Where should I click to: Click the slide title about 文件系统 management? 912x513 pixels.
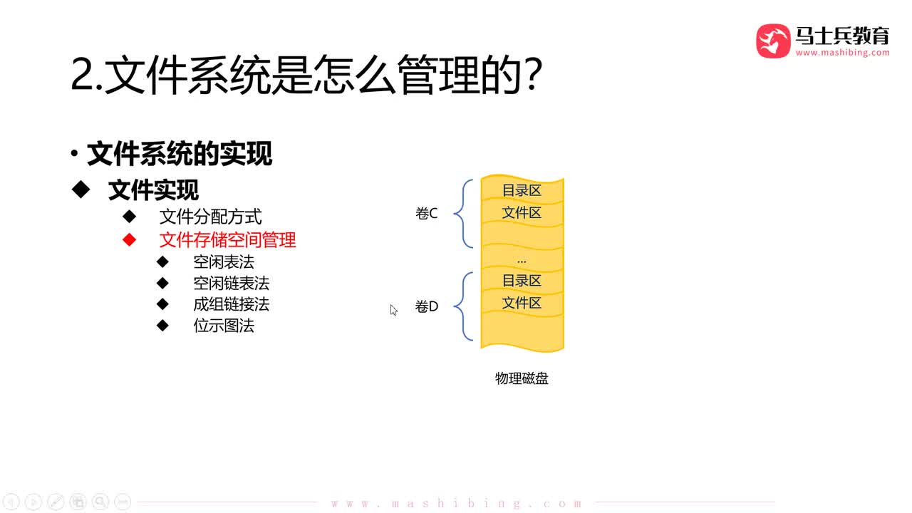point(306,76)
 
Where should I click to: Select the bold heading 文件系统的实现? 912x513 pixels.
point(179,154)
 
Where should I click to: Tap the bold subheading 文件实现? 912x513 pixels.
point(153,190)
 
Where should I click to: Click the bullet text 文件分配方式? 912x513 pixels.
point(211,217)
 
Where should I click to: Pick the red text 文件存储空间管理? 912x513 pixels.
point(227,240)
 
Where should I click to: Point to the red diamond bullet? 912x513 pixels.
point(129,240)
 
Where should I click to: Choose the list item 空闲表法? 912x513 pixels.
point(224,262)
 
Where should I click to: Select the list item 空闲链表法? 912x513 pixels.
point(231,284)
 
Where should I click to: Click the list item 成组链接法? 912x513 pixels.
point(231,305)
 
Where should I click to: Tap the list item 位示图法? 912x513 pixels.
point(224,326)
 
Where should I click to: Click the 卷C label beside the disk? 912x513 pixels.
point(426,214)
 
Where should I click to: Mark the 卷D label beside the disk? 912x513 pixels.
point(426,307)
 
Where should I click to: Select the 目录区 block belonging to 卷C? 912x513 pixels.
point(522,191)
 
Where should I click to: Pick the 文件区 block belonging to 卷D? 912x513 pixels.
point(522,304)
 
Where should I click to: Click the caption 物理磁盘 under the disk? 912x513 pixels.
point(522,379)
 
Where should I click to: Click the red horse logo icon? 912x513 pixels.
point(773,41)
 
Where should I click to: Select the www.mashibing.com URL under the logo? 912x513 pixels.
point(842,53)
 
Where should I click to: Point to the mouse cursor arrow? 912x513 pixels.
point(393,310)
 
